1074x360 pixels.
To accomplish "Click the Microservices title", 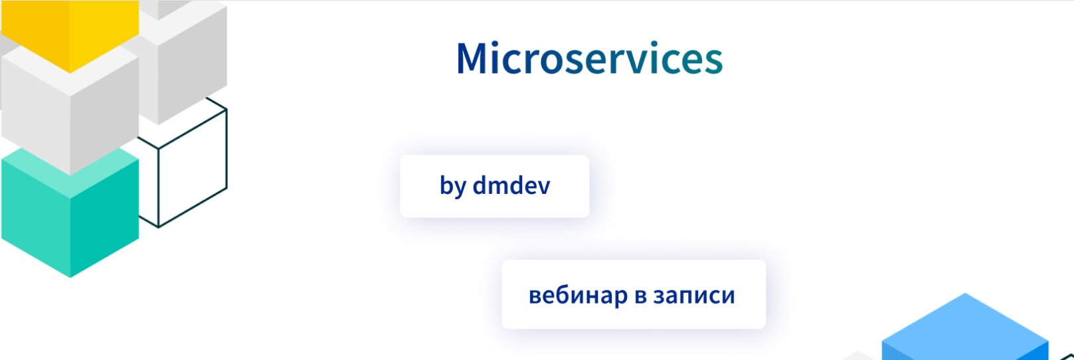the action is coord(589,58).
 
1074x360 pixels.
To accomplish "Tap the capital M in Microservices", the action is coord(475,58).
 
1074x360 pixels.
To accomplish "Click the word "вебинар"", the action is coord(579,295).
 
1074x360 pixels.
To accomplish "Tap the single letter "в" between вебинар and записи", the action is coord(641,296).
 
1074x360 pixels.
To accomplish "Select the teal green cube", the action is coord(70,213).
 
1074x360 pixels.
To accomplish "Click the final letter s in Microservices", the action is coord(713,62).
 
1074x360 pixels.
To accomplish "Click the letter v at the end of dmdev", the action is coord(543,187).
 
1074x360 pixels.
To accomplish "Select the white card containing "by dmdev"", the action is coord(495,186).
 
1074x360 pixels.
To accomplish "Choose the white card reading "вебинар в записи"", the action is coord(634,294).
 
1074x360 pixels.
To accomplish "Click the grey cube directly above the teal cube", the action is coord(70,110).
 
